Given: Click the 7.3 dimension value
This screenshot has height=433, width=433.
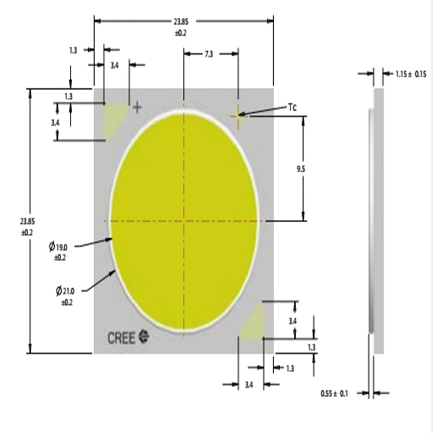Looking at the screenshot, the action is click(x=209, y=54).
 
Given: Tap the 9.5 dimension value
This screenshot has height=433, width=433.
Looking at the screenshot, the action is click(x=301, y=169).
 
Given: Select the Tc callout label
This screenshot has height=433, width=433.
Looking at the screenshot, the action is click(x=292, y=107).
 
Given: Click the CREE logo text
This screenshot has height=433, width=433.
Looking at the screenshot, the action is click(x=121, y=338).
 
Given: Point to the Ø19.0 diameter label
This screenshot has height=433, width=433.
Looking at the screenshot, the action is click(x=58, y=247).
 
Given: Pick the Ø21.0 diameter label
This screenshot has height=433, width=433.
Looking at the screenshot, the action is click(x=65, y=291).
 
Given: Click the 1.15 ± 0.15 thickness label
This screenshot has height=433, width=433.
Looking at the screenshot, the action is click(x=411, y=74).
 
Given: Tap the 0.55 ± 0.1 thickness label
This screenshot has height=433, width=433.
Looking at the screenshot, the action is click(x=334, y=393).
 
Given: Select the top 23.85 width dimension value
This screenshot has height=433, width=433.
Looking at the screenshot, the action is click(x=181, y=21).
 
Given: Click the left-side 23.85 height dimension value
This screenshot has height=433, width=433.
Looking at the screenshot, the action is click(x=27, y=222).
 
